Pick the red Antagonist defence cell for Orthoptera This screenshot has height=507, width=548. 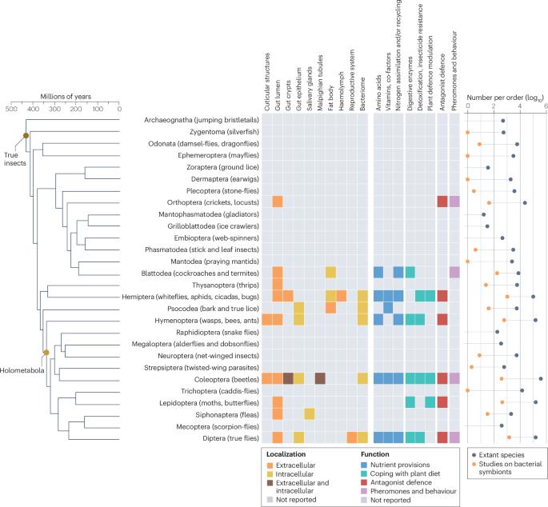click(x=442, y=202)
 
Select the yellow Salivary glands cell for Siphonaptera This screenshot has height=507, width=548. click(x=310, y=414)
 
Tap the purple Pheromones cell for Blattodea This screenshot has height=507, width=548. click(x=454, y=273)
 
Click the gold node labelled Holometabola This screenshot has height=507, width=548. click(x=46, y=352)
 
